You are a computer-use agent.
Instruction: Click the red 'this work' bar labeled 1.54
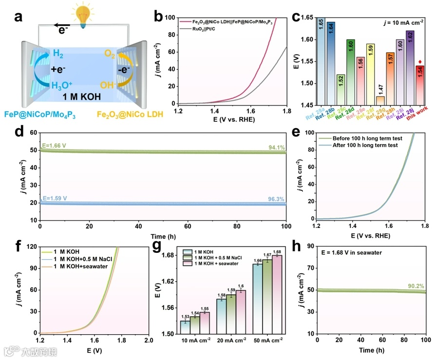click(420, 84)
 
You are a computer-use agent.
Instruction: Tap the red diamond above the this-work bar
click(420, 61)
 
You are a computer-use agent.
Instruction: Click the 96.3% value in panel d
click(276, 198)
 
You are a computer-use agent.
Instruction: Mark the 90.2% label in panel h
click(415, 286)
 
